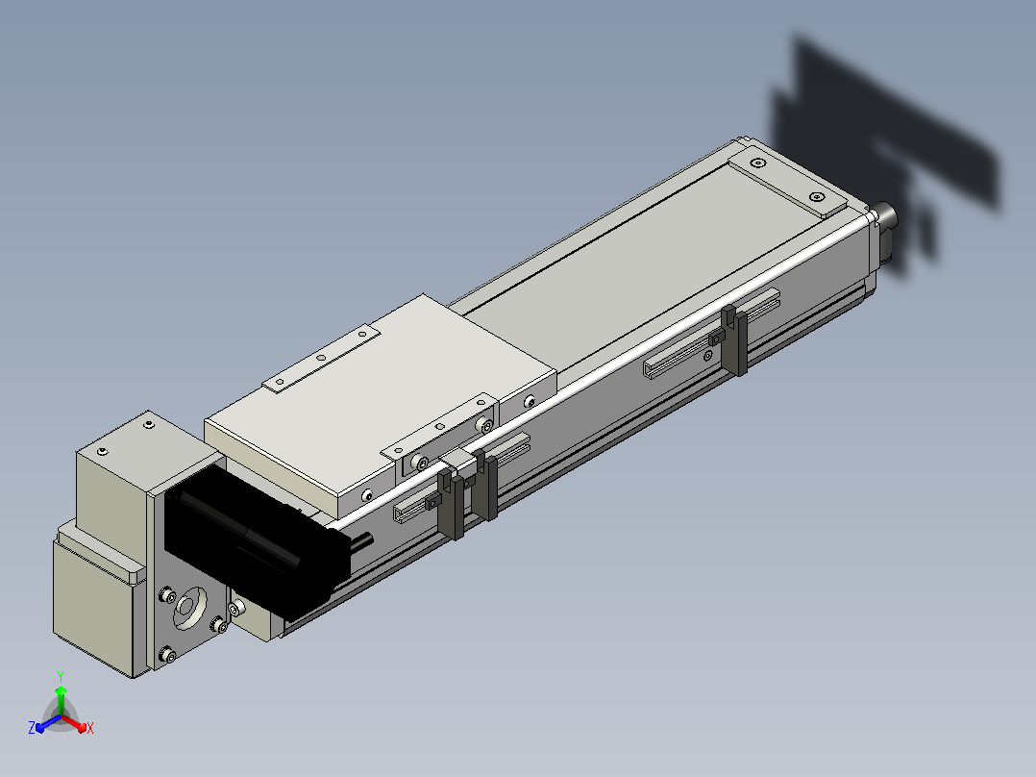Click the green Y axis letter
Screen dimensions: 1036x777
pyautogui.click(x=61, y=676)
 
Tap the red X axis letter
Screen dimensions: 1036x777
pyautogui.click(x=90, y=728)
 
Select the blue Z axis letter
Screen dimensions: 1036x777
pyautogui.click(x=32, y=727)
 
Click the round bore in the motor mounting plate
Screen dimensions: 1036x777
pyautogui.click(x=189, y=607)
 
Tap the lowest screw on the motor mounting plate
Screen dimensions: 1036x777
pyautogui.click(x=168, y=655)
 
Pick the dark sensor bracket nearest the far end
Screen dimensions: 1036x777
pyautogui.click(x=733, y=339)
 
